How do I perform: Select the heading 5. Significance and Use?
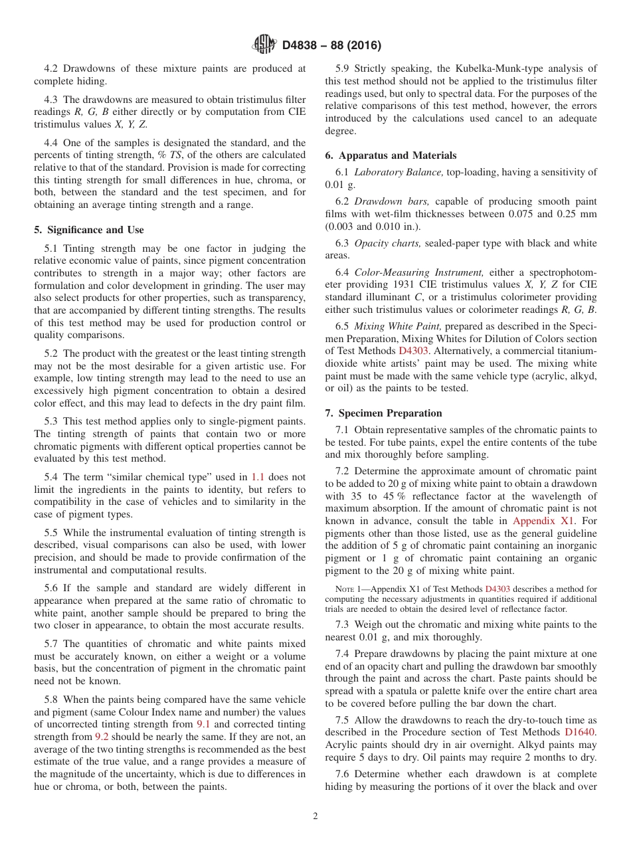[88, 230]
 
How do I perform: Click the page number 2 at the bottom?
[315, 816]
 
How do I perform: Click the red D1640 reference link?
[581, 731]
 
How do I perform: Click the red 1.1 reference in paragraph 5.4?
[258, 476]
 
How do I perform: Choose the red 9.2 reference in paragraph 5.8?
[104, 737]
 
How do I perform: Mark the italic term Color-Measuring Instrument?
[409, 272]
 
